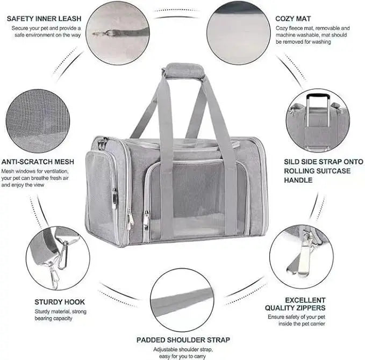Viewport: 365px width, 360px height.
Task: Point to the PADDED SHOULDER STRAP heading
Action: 183,340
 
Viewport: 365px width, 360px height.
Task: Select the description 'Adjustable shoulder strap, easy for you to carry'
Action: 183,352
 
